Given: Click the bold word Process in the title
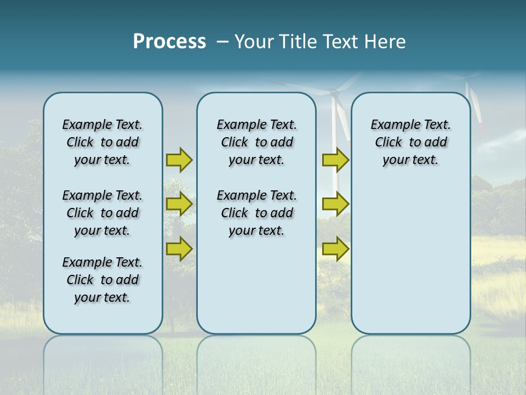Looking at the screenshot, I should click(x=169, y=42).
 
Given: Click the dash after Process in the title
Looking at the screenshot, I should click(x=222, y=42).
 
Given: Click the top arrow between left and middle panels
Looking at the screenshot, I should click(x=179, y=160).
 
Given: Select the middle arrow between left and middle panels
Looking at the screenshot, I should click(x=179, y=204).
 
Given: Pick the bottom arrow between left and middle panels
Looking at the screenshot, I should click(x=179, y=249).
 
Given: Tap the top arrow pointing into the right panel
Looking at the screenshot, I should click(x=335, y=160).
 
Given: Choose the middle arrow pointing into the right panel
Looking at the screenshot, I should click(x=335, y=204).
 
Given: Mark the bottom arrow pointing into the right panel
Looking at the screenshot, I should click(x=335, y=249).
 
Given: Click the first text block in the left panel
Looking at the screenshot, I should click(x=102, y=142).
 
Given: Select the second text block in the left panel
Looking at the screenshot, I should click(x=102, y=213).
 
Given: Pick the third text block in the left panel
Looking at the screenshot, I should click(x=102, y=280).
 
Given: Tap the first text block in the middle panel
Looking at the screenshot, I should click(x=256, y=142).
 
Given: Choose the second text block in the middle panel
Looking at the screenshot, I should click(x=256, y=213).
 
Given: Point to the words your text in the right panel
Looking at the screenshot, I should click(x=410, y=160).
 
